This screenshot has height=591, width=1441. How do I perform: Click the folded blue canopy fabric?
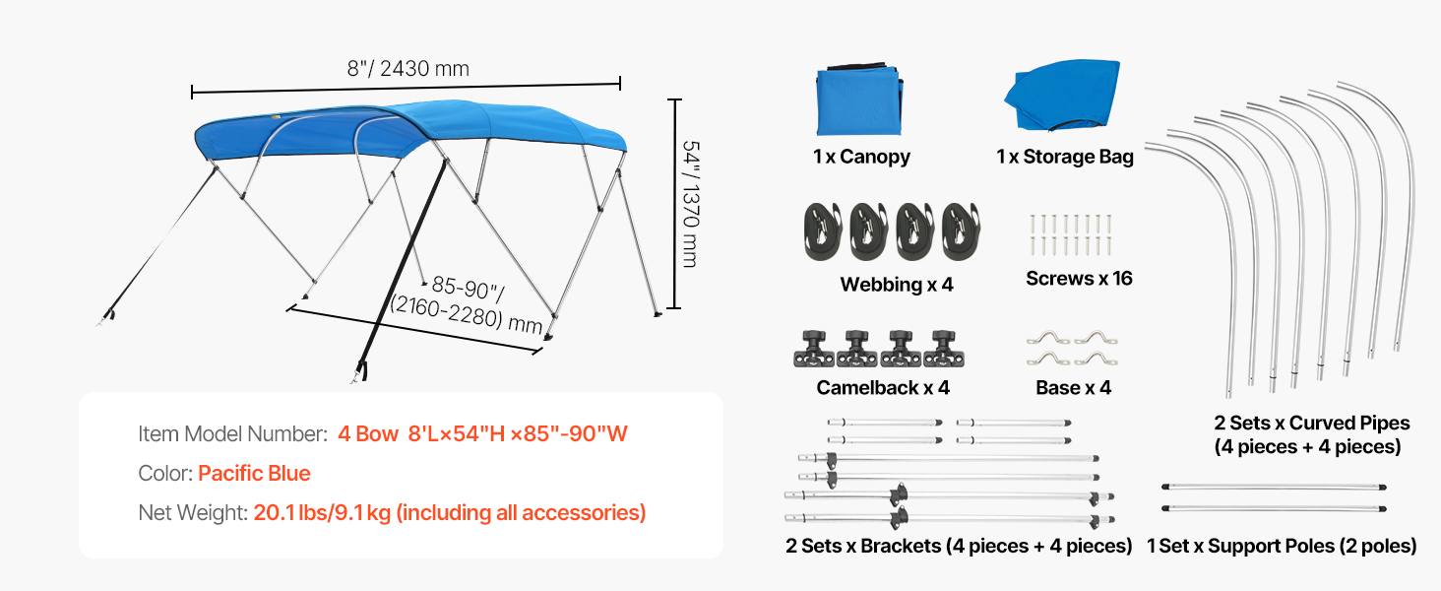[x=858, y=100]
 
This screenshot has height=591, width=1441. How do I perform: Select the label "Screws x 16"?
[x=1079, y=279]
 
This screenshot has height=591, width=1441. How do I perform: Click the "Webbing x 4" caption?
[x=897, y=285]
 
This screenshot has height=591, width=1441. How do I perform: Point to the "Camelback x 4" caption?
[x=883, y=388]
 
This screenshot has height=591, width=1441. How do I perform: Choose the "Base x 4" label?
[x=1073, y=388]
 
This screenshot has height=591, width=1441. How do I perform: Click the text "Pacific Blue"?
[x=254, y=474]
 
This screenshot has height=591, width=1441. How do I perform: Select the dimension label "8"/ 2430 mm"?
[x=407, y=69]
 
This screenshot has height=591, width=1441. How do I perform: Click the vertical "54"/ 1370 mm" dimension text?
[x=690, y=203]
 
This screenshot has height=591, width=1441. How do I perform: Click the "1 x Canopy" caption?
[x=861, y=157]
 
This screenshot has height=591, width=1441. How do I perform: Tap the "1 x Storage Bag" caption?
[x=1064, y=157]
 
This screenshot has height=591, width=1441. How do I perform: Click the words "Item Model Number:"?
[x=232, y=434]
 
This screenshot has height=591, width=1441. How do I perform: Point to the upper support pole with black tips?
[x=1274, y=487]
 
